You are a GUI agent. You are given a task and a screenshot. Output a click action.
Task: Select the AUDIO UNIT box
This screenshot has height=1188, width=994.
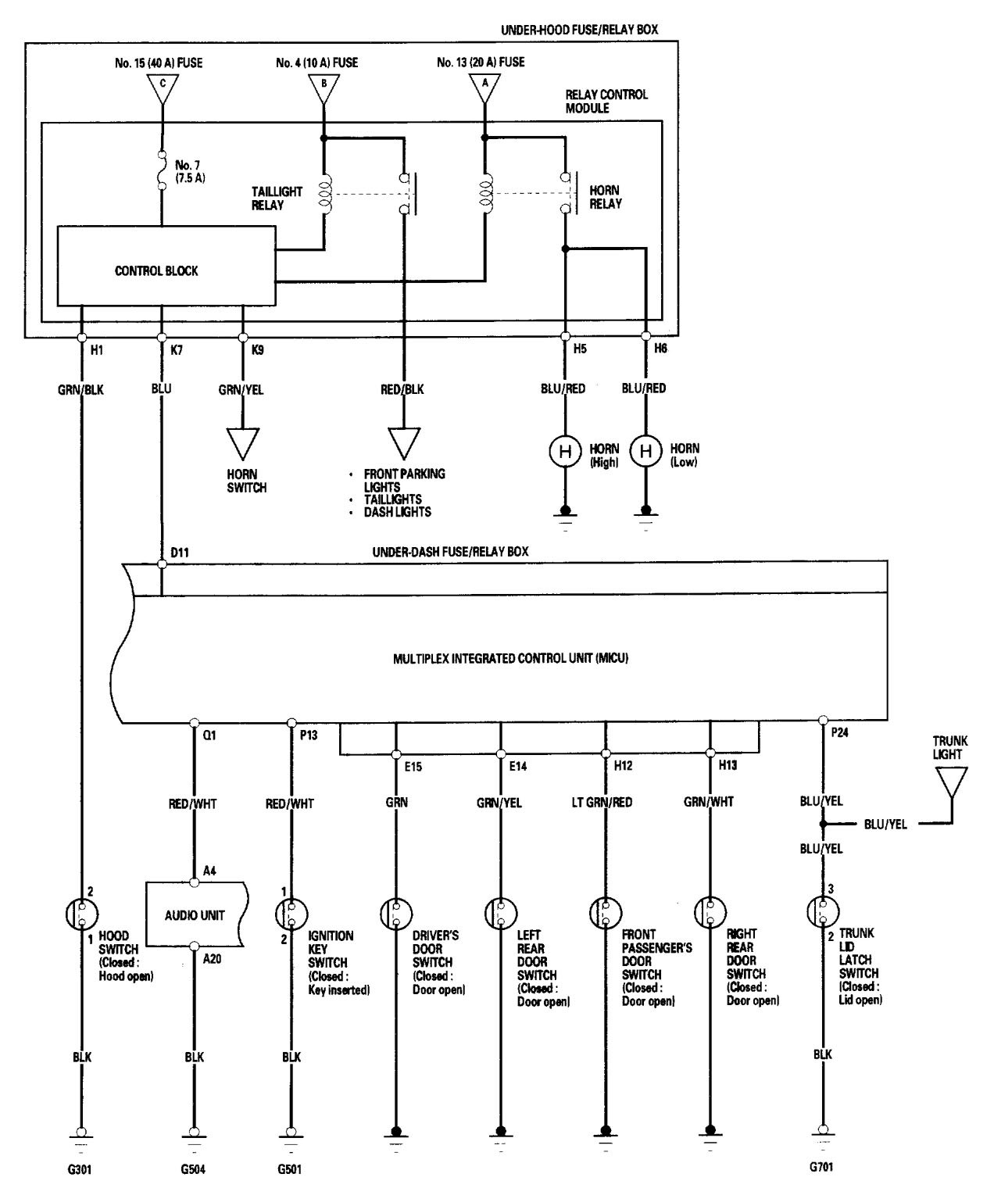pos(195,914)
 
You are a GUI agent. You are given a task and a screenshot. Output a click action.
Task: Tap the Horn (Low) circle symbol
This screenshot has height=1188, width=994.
pos(645,452)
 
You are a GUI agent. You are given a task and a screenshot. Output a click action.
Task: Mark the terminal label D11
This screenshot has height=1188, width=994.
pos(181,552)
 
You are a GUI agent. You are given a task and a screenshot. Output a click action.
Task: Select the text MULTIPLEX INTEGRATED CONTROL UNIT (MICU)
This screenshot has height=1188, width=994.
pos(511,658)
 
